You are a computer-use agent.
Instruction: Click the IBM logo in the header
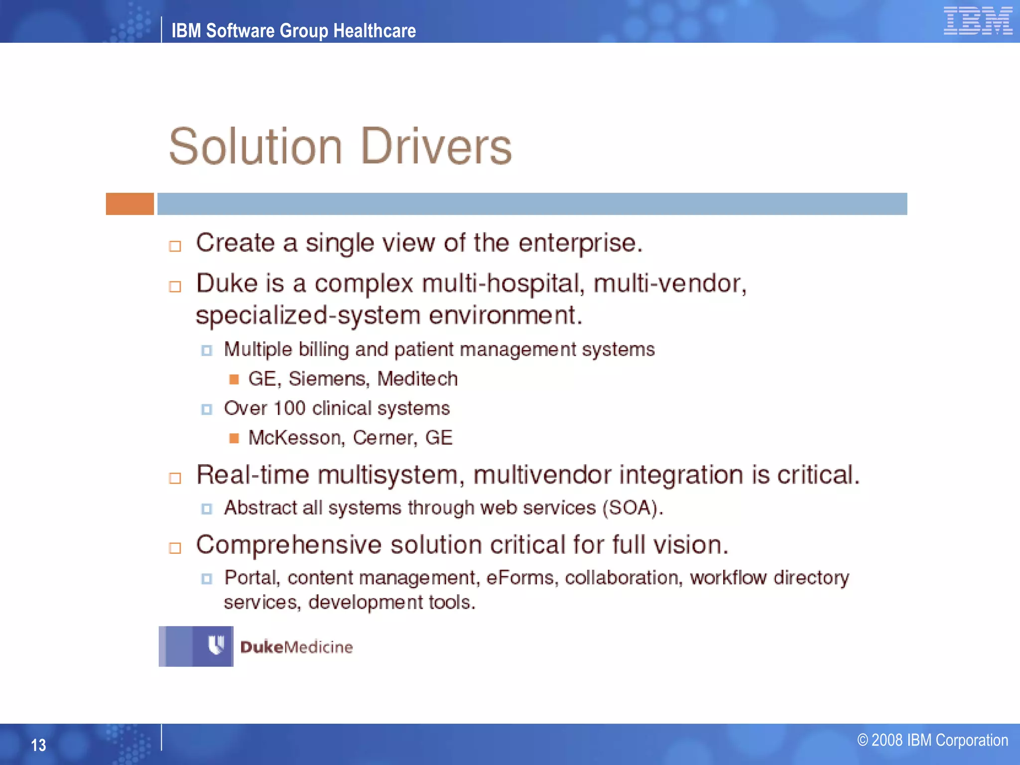tap(978, 21)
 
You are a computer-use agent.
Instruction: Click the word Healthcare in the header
tap(374, 31)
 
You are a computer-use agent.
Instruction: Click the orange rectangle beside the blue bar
tap(129, 204)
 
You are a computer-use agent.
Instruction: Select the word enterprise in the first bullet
tap(580, 244)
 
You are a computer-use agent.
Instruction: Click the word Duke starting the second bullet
tap(227, 283)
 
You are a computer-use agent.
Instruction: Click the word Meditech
tap(417, 379)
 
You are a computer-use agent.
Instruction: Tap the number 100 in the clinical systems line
tap(289, 408)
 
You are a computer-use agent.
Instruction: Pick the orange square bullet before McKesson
tap(234, 438)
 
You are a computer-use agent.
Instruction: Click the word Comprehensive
tap(289, 545)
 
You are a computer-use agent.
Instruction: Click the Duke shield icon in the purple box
tap(216, 645)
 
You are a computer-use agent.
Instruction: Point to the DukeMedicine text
tap(296, 647)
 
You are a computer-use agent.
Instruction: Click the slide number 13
tap(38, 745)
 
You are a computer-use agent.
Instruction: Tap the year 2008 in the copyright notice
tap(887, 741)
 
